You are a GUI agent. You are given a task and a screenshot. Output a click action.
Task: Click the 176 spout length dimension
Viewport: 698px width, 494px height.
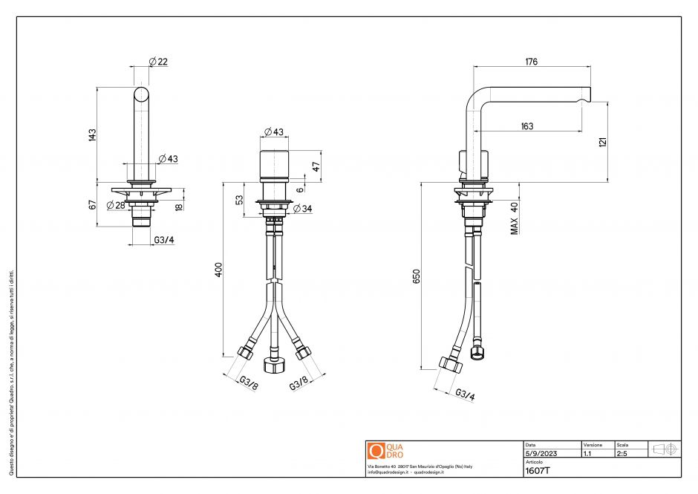click(x=531, y=62)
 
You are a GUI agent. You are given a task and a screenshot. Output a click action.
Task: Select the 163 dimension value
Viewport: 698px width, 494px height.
click(x=526, y=126)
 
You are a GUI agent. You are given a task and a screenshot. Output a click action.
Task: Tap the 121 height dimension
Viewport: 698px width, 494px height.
click(x=603, y=141)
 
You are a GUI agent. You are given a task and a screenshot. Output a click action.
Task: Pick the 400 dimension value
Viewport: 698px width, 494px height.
click(x=218, y=269)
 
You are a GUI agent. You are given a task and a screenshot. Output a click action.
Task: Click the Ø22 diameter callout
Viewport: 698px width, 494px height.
click(x=158, y=62)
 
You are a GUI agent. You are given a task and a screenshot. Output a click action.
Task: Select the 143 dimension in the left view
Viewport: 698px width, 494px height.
click(x=92, y=134)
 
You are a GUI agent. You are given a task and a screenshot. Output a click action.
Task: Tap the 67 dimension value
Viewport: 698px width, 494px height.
click(x=92, y=204)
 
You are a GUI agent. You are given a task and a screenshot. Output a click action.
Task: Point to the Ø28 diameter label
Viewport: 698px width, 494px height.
click(x=115, y=205)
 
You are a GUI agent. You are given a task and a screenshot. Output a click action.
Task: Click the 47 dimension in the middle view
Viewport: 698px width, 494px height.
click(x=316, y=166)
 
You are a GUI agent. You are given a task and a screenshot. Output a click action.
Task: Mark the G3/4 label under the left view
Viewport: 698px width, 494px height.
click(x=164, y=240)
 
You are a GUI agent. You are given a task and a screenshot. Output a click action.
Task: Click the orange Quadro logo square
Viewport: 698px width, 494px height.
click(x=376, y=451)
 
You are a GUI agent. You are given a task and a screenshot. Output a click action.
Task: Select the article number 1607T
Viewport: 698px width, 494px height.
click(x=537, y=471)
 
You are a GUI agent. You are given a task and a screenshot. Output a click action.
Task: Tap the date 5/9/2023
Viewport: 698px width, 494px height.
click(x=541, y=453)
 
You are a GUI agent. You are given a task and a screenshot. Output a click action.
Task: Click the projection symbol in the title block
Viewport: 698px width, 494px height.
click(x=662, y=449)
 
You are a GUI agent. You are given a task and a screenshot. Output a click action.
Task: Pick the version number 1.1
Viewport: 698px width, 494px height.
click(x=588, y=453)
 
